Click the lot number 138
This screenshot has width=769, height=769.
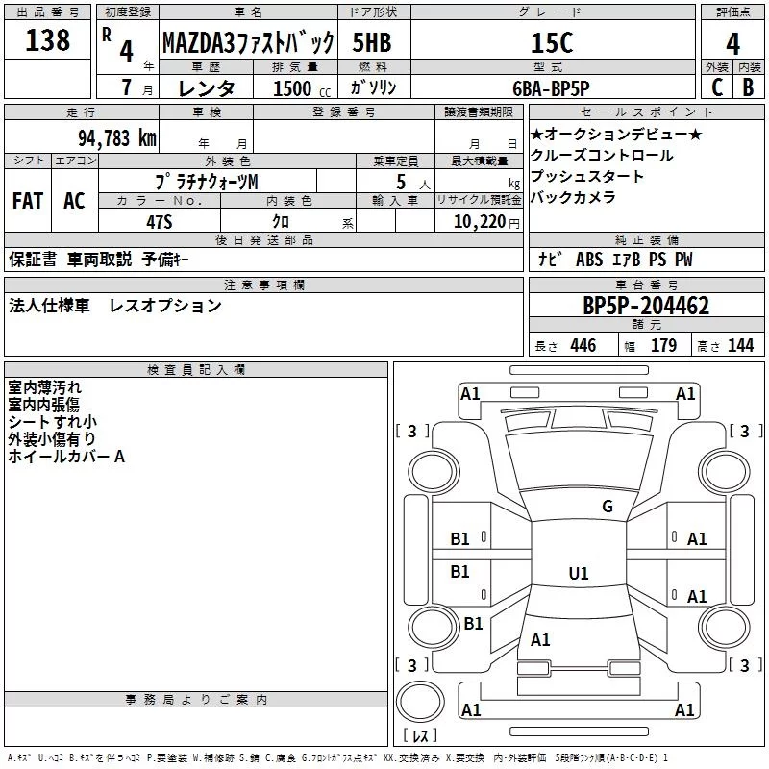(47, 40)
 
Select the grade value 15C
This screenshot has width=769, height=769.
(552, 42)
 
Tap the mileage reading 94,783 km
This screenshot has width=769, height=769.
(117, 138)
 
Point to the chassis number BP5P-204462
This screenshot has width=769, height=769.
(646, 306)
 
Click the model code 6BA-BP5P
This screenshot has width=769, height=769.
(551, 88)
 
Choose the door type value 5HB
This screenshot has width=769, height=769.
(372, 42)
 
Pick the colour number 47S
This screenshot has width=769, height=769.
(160, 222)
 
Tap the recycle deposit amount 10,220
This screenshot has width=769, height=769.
(480, 222)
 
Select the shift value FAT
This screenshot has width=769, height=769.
(28, 201)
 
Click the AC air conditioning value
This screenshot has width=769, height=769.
(75, 201)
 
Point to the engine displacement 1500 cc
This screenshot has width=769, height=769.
(302, 88)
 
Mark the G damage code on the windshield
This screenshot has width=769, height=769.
(608, 506)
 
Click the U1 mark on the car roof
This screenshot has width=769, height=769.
(579, 573)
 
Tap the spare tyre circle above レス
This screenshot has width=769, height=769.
(420, 702)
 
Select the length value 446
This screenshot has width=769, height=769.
(583, 346)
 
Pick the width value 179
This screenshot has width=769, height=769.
(663, 346)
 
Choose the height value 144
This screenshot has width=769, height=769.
(740, 346)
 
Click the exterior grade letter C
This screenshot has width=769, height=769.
(717, 87)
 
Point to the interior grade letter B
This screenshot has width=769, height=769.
(749, 87)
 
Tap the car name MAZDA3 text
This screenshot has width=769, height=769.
(198, 42)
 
